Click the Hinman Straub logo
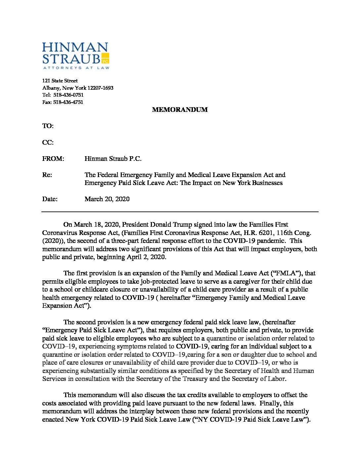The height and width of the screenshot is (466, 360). tap(75, 56)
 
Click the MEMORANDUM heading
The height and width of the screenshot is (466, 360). tap(180, 110)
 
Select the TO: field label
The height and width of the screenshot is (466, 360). tap(48, 126)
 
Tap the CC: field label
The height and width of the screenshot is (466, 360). tap(48, 142)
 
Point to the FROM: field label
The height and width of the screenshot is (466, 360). tap(53, 159)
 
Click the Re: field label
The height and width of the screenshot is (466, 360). tap(47, 175)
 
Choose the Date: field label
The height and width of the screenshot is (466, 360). tap(50, 199)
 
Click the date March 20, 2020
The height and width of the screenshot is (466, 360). tap(107, 199)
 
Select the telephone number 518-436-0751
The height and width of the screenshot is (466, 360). tap(68, 95)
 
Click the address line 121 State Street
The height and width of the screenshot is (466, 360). tap(60, 81)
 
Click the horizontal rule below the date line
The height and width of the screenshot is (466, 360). tap(180, 211)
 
